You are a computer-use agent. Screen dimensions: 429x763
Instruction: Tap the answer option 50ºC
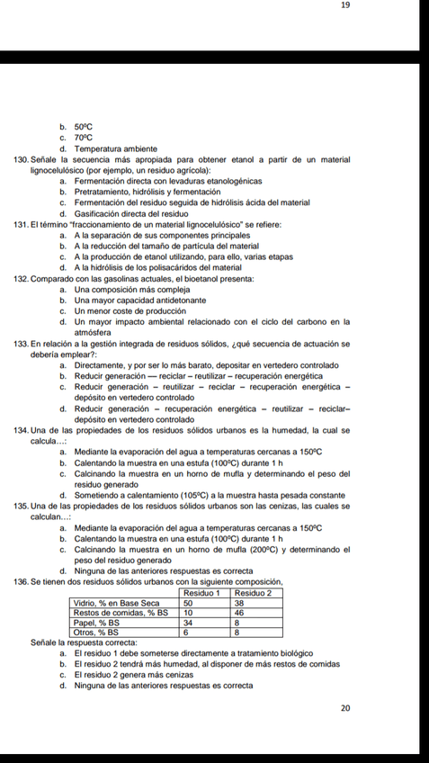click(84, 128)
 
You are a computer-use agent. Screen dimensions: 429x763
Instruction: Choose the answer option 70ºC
click(84, 138)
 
